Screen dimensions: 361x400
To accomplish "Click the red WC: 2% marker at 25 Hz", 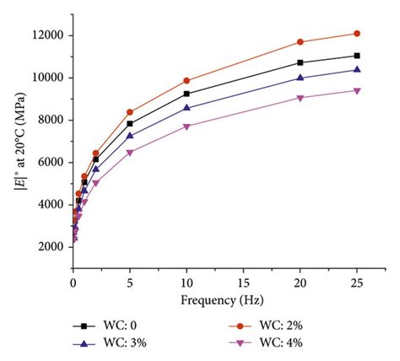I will coord(356,34).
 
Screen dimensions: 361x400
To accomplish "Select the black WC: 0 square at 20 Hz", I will coord(300,62).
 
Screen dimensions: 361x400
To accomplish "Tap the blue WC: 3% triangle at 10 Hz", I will coord(186,108).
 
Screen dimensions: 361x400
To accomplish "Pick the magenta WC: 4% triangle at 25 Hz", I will coord(356,91).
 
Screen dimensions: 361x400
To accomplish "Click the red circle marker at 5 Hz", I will coord(129,112).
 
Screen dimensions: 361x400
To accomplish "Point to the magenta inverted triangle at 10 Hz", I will coord(186,127).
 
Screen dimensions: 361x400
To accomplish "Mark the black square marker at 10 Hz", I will coord(186,94).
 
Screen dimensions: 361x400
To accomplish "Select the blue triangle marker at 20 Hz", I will coord(300,78).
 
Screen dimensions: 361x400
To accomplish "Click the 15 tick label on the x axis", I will coord(243,283).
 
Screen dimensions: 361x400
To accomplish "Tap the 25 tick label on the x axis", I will coord(356,283).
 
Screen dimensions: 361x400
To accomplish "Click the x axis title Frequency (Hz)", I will coord(215,300).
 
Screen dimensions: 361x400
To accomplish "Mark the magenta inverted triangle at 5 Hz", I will coord(129,153).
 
